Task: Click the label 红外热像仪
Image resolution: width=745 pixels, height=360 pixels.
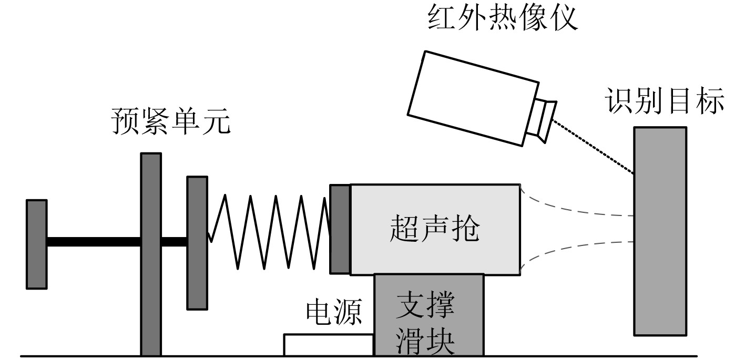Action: (503, 18)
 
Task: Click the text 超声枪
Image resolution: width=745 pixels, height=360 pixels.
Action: (435, 229)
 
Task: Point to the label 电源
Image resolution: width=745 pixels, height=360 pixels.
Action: (334, 314)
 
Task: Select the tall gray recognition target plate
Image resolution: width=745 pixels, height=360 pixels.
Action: (660, 231)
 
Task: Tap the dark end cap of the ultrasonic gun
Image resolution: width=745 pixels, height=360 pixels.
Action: (340, 229)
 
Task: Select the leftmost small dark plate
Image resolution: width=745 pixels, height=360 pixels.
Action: (37, 244)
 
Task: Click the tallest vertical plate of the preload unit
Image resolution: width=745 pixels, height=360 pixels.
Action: (150, 252)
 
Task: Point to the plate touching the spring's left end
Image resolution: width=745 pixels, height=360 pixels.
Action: (197, 243)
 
